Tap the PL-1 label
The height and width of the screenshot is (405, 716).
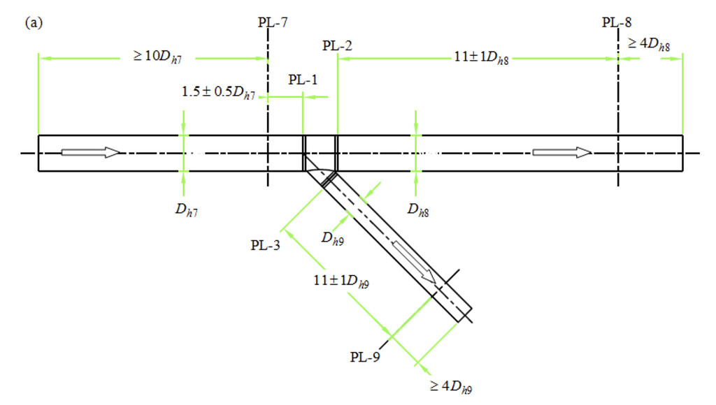tap(303, 80)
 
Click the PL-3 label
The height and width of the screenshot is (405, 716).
tap(266, 244)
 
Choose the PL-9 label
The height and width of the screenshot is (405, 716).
tap(365, 358)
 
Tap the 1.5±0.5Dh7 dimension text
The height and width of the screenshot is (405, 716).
tap(218, 92)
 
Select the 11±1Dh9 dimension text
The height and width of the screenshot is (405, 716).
tap(341, 281)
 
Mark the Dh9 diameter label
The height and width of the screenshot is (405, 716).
tap(333, 238)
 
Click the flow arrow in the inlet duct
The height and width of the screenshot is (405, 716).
tap(91, 152)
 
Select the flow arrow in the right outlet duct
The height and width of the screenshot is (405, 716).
tap(562, 152)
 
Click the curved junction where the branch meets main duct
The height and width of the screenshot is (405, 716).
tap(320, 168)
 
